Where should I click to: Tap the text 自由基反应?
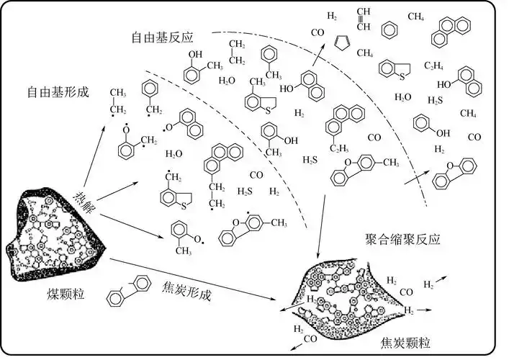click(163, 36)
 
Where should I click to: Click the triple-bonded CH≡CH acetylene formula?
click(363, 19)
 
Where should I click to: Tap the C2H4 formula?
click(433, 66)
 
